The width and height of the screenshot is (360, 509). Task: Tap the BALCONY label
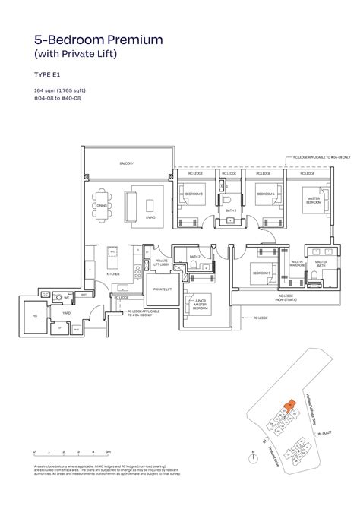[126, 163]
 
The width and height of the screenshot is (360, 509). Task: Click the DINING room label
[102, 204]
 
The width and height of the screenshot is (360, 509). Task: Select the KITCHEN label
[112, 274]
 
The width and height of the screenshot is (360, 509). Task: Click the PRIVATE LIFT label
[163, 289]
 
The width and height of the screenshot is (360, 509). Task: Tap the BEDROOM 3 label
[195, 194]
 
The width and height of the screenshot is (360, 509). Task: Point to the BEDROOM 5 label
[262, 273]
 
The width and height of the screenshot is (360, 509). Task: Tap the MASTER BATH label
[321, 263]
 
